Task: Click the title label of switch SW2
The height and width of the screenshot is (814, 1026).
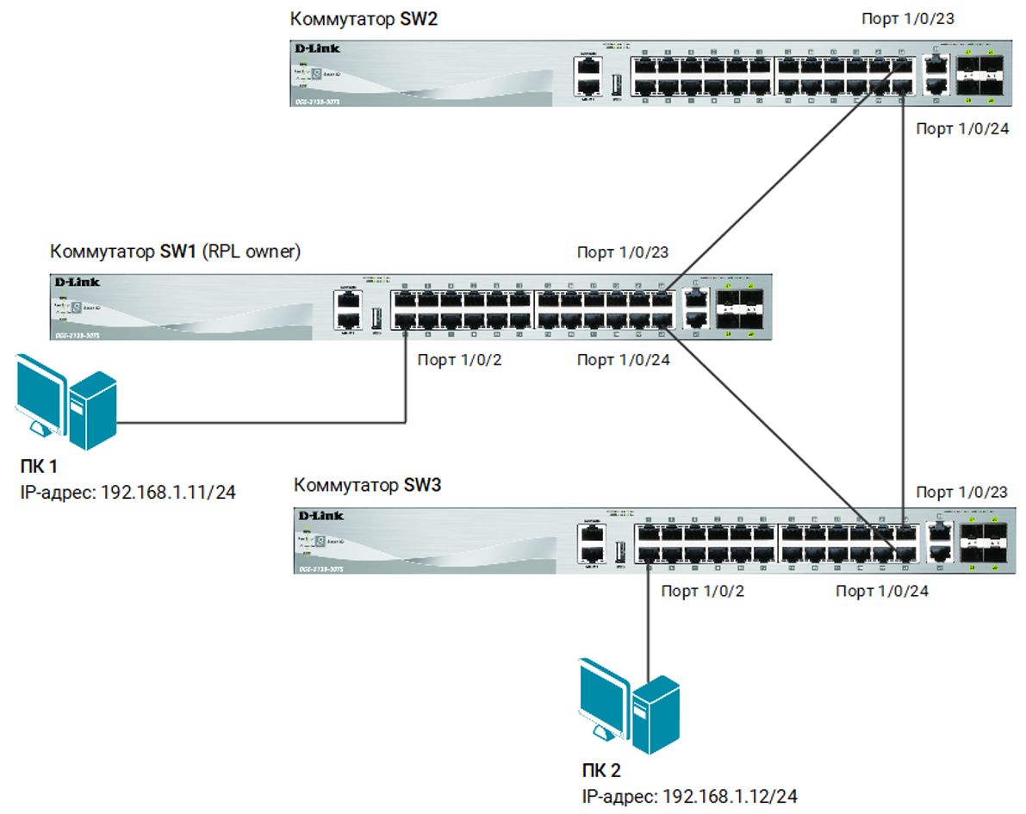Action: point(364,19)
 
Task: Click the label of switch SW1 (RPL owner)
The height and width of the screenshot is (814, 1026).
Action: point(175,252)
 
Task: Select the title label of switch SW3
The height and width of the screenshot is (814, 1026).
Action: point(368,486)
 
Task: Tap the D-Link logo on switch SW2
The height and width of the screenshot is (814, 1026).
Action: point(317,49)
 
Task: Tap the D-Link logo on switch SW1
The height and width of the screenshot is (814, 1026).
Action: point(77,283)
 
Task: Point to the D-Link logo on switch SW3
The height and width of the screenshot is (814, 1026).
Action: point(320,515)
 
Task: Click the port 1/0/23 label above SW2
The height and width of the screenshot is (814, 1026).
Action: point(908,19)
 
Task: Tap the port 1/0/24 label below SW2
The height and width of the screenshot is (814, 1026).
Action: point(962,129)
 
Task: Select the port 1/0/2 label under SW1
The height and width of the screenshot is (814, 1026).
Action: point(459,360)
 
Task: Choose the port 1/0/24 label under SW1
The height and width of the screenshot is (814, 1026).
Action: point(623,360)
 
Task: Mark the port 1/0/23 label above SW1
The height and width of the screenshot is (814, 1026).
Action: point(623,252)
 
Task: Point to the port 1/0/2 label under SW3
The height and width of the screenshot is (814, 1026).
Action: point(703,592)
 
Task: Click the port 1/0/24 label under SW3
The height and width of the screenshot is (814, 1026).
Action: point(882,592)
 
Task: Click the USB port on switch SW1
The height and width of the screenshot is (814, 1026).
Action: point(376,318)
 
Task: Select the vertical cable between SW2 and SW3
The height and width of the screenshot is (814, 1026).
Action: point(902,301)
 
